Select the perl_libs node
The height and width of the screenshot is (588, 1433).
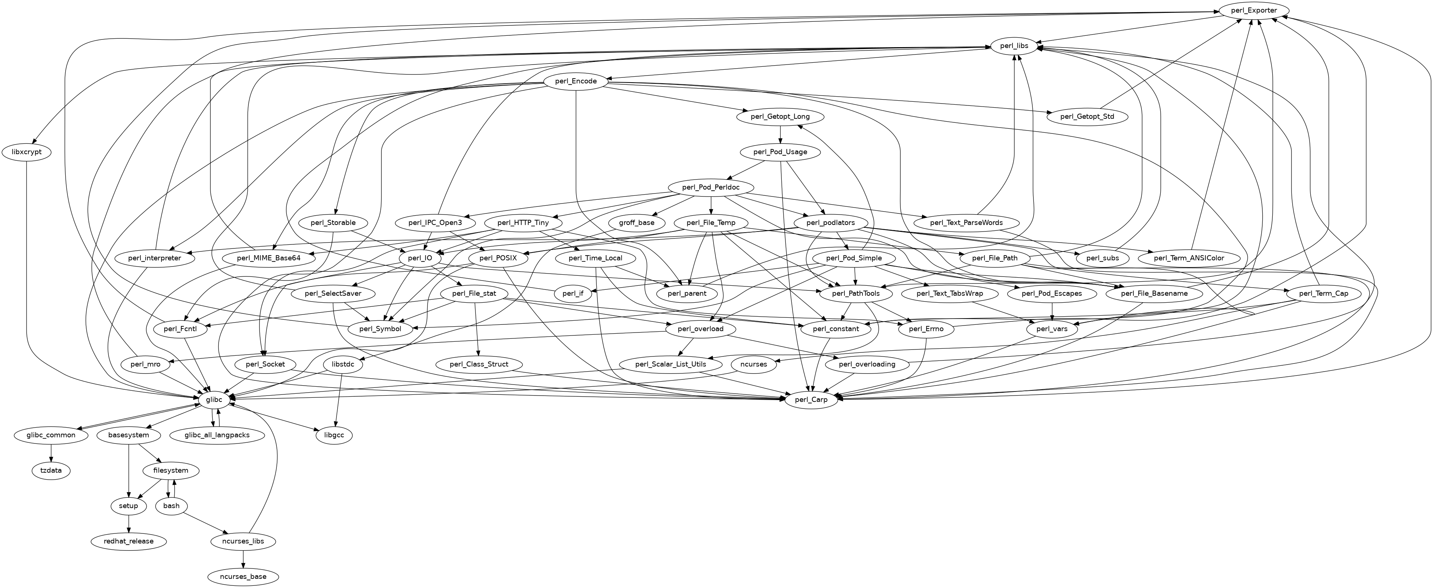point(1014,46)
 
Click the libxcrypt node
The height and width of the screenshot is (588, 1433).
point(27,152)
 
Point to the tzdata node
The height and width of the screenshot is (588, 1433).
point(51,470)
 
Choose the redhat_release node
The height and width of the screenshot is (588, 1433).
point(129,541)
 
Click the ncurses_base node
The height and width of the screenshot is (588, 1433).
point(243,576)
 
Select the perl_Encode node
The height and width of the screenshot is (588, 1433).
point(576,81)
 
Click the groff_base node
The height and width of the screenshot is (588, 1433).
point(637,223)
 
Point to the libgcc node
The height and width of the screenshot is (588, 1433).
point(334,435)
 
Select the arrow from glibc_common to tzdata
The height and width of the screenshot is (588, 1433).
point(51,453)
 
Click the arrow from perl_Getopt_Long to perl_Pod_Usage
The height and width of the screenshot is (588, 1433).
point(781,134)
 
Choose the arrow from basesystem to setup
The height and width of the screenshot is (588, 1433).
point(129,470)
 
